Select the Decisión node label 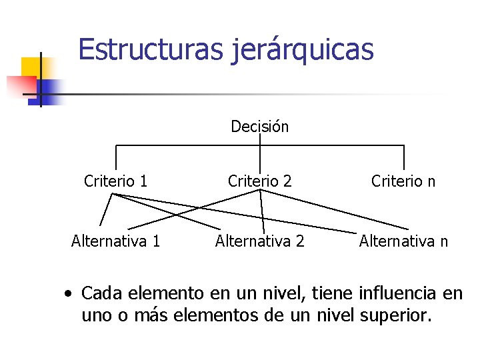pyautogui.click(x=260, y=126)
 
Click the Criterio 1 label pyautogui.click(x=116, y=181)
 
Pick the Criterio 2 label pyautogui.click(x=260, y=181)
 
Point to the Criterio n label pyautogui.click(x=403, y=181)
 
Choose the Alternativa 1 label pyautogui.click(x=116, y=241)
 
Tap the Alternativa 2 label pyautogui.click(x=260, y=241)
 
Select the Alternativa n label pyautogui.click(x=403, y=241)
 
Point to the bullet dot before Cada pyautogui.click(x=69, y=293)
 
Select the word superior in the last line pyautogui.click(x=393, y=315)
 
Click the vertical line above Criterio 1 pyautogui.click(x=116, y=157)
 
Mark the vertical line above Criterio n pyautogui.click(x=404, y=157)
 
